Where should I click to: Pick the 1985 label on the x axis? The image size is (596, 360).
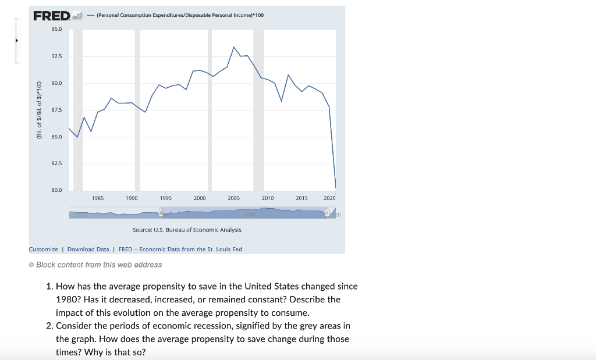click(98, 198)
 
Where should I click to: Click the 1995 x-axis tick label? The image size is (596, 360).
click(166, 198)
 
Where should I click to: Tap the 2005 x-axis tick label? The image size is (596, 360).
click(233, 198)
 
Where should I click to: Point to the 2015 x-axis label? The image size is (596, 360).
click(301, 198)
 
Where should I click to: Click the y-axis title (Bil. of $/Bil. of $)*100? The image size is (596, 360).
click(39, 110)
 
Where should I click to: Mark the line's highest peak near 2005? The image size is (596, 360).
click(233, 47)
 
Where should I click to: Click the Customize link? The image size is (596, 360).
click(44, 249)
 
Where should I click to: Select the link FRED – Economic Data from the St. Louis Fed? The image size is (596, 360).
click(180, 249)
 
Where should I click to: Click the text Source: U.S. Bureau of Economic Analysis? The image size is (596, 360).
click(187, 230)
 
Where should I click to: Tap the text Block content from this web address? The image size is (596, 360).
click(99, 265)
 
